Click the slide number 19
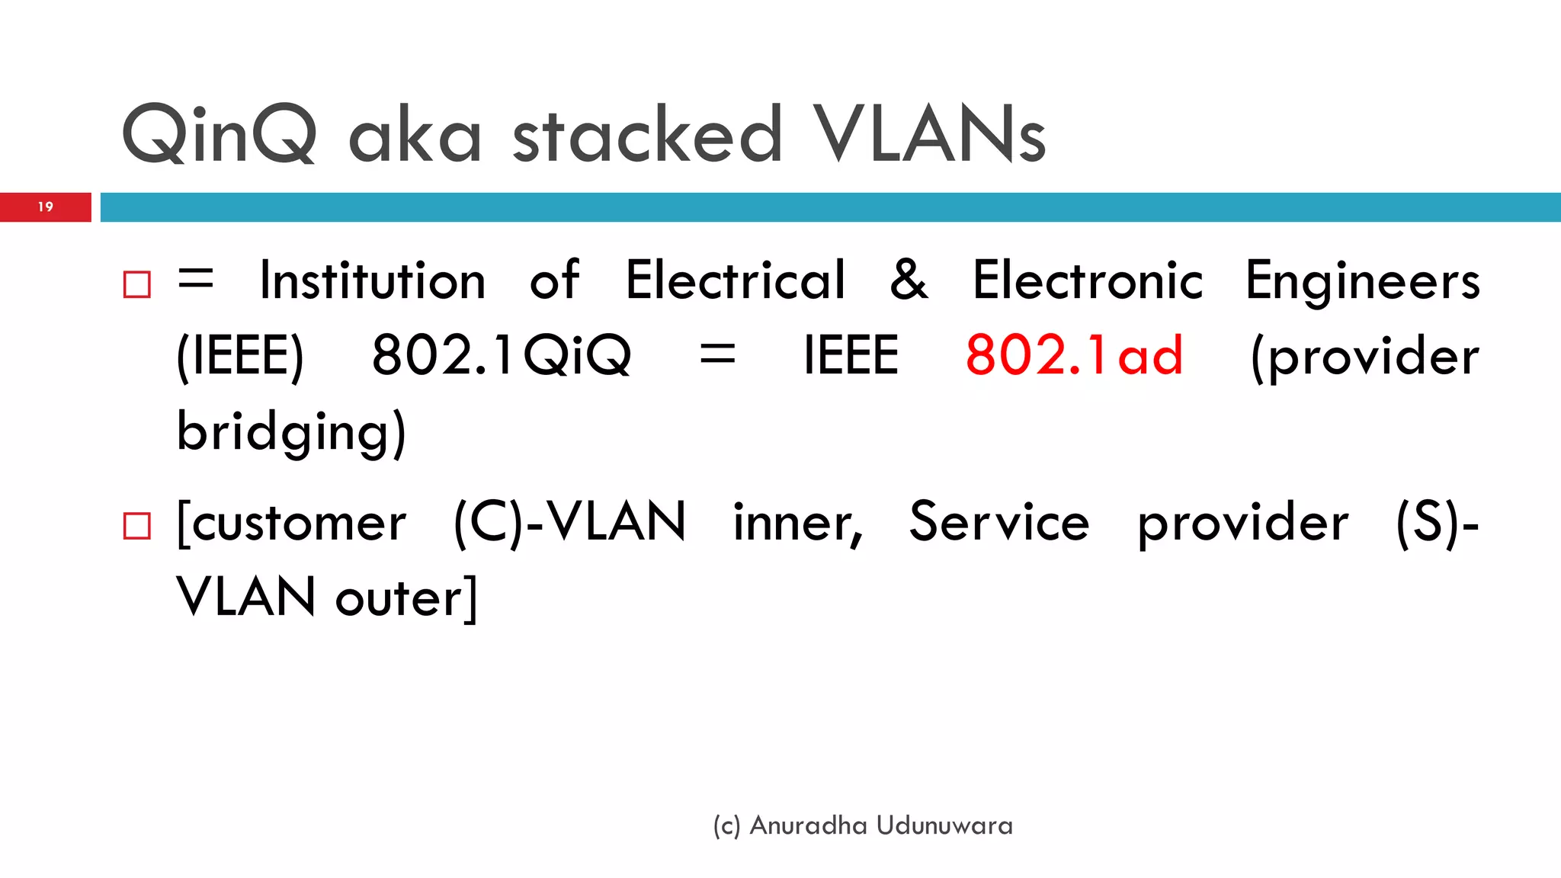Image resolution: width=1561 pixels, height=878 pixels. tap(46, 207)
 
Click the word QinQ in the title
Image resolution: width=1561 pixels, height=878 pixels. tap(219, 135)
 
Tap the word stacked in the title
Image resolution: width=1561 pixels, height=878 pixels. tap(647, 135)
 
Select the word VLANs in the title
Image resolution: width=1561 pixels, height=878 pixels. tap(929, 135)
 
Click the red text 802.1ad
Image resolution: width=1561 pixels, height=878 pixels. tap(1074, 355)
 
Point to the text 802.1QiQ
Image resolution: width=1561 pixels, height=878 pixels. tap(502, 355)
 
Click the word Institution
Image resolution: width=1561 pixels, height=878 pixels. tap(373, 280)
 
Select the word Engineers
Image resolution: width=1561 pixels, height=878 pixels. tap(1362, 280)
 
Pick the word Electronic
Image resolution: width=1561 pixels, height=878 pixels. tap(1088, 280)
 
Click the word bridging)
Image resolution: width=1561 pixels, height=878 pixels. tap(291, 431)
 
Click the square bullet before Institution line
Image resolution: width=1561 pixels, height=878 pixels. tap(137, 284)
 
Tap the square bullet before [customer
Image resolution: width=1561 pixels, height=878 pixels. tap(137, 526)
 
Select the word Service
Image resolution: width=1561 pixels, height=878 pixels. tap(999, 522)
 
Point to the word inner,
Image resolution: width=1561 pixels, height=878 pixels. tap(798, 524)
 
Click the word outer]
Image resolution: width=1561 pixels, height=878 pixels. tap(406, 598)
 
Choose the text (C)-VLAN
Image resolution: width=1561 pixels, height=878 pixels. tap(569, 522)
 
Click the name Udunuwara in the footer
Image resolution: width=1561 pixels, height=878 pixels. tap(944, 825)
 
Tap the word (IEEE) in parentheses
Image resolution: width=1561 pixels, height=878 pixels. tap(240, 355)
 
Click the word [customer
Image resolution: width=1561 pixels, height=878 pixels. tap(291, 524)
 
